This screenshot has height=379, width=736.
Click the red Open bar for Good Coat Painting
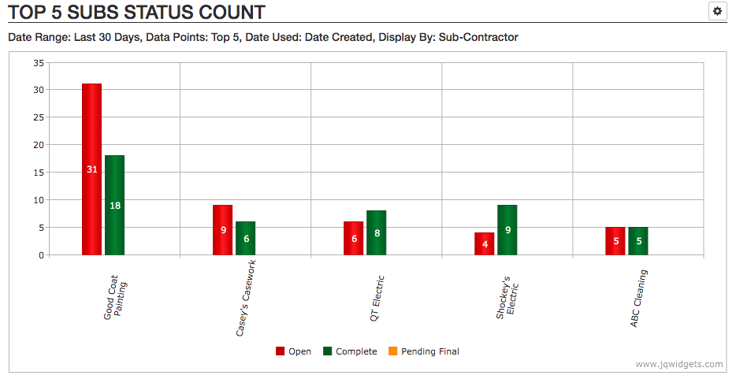point(91,169)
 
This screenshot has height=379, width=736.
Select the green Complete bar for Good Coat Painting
point(115,205)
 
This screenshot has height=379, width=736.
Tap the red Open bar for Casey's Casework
point(222,229)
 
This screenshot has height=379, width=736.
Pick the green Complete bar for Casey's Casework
point(246,238)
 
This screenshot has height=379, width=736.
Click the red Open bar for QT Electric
point(353,238)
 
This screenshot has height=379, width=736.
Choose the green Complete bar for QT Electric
point(377,232)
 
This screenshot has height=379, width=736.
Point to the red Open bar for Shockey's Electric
point(484,243)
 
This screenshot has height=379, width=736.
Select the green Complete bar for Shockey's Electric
point(507,229)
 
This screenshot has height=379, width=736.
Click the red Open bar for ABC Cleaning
point(615,241)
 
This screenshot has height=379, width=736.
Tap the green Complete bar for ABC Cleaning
point(638,241)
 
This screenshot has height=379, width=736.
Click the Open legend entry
point(293,351)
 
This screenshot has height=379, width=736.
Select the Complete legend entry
point(350,351)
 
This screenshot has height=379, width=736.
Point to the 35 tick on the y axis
point(39,62)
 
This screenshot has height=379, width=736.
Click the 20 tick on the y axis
point(39,145)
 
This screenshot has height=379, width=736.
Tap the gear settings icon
point(717,11)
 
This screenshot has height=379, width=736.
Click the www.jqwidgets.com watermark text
point(678,364)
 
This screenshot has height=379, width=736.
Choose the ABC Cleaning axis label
point(639,299)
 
